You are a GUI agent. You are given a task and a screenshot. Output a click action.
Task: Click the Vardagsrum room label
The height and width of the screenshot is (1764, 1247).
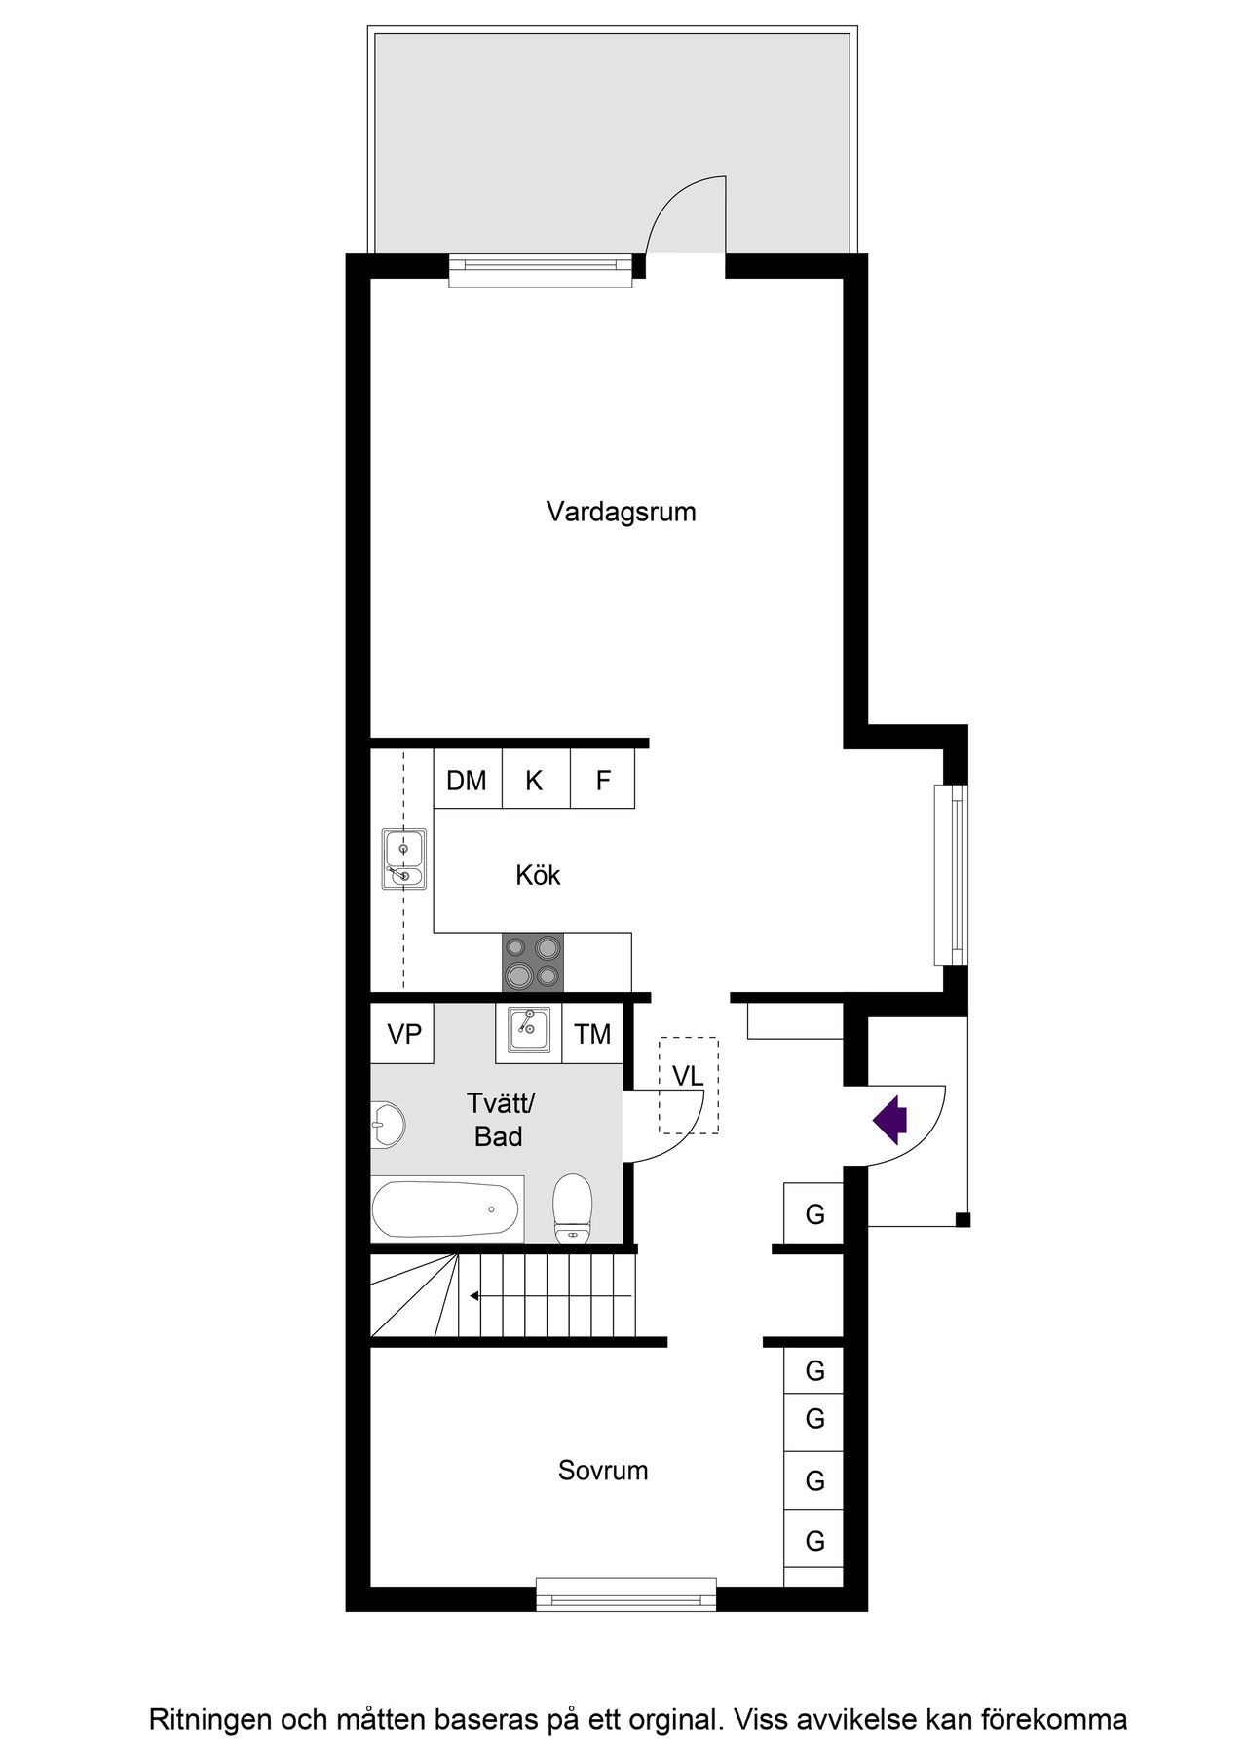coord(621,512)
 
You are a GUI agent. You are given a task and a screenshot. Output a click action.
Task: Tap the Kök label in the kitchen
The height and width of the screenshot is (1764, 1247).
coord(538,875)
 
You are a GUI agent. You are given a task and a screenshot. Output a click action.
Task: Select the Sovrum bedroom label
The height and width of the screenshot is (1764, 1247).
coord(603,1470)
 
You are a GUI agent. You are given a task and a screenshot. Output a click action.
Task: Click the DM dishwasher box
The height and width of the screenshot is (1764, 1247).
coord(467,780)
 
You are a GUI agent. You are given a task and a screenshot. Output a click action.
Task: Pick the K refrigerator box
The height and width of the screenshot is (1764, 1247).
coord(535,780)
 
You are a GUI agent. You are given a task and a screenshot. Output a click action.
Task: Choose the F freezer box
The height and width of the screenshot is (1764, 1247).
coord(603,780)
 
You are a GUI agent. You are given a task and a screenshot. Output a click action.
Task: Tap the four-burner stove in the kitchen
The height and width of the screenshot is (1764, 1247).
coord(533,961)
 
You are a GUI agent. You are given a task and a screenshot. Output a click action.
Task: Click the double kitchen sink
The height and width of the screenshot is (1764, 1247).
coord(403,860)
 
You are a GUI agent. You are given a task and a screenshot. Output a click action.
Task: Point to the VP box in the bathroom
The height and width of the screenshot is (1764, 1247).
coord(403,1034)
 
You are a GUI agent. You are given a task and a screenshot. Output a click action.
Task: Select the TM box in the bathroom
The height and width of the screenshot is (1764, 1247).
coord(592,1034)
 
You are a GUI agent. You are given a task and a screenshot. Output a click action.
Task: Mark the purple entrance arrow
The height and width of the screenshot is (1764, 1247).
coord(889,1120)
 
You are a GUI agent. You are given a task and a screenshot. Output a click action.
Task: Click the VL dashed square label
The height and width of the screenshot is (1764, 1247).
coord(688,1077)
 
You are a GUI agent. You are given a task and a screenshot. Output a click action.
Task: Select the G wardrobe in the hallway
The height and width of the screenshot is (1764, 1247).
coord(814,1214)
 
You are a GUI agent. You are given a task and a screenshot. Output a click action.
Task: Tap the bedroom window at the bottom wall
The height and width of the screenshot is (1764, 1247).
coord(625,1596)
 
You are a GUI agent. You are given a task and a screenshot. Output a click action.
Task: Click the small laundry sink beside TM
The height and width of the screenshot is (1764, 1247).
coord(528,1031)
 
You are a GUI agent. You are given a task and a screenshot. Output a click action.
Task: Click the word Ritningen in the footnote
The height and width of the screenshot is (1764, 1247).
coord(210,1720)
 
